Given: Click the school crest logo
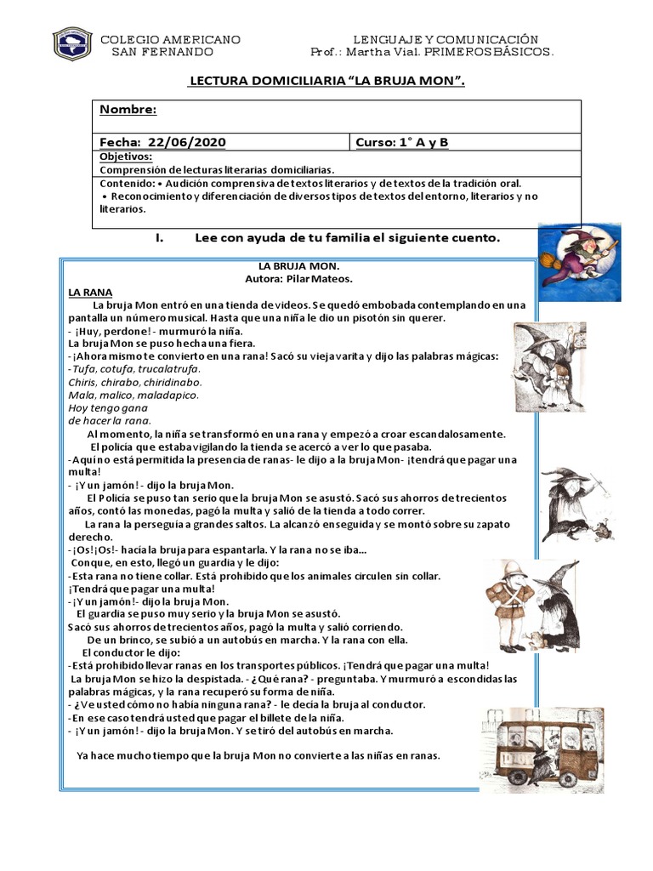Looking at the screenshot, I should [x=72, y=45].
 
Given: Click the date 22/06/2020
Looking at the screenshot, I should [x=187, y=142].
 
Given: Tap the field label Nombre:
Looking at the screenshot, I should [x=128, y=110].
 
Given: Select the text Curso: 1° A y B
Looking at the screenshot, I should [x=401, y=142].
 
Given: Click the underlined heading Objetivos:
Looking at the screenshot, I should [x=126, y=157].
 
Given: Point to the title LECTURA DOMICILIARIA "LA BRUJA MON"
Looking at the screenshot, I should [x=326, y=81].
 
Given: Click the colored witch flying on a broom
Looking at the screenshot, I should [x=579, y=251].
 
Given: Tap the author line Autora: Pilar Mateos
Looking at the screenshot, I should [x=292, y=278].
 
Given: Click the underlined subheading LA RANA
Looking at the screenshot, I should [x=90, y=291].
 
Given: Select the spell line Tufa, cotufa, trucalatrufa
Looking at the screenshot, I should [x=134, y=368].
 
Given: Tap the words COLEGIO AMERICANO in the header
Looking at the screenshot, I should [x=171, y=39].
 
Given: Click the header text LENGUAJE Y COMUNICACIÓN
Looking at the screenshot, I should [x=446, y=39].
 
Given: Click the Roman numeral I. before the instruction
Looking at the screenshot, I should [x=160, y=238].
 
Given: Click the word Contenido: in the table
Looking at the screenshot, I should [x=127, y=183].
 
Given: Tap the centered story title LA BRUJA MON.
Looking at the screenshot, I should [x=292, y=265].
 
